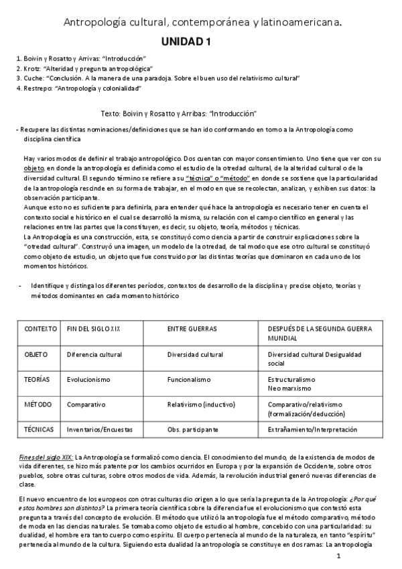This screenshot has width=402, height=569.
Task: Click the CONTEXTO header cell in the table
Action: pos(40,329)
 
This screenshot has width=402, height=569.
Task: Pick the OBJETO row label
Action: pos(36,354)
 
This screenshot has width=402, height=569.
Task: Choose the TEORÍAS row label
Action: pos(37,379)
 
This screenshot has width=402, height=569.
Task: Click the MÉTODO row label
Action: pos(38,405)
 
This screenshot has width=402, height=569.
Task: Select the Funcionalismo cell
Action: pos(190,379)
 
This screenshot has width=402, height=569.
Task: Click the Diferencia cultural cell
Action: pos(93,354)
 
